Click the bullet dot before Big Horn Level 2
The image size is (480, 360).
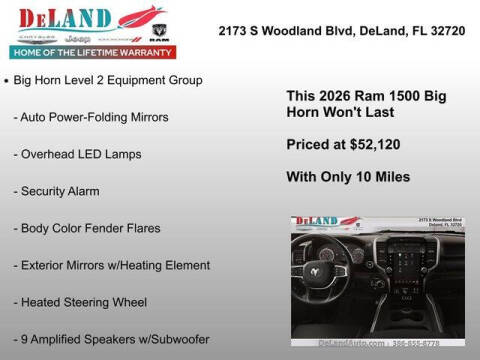pos(8,79)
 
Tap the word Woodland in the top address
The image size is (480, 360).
pos(299,32)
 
